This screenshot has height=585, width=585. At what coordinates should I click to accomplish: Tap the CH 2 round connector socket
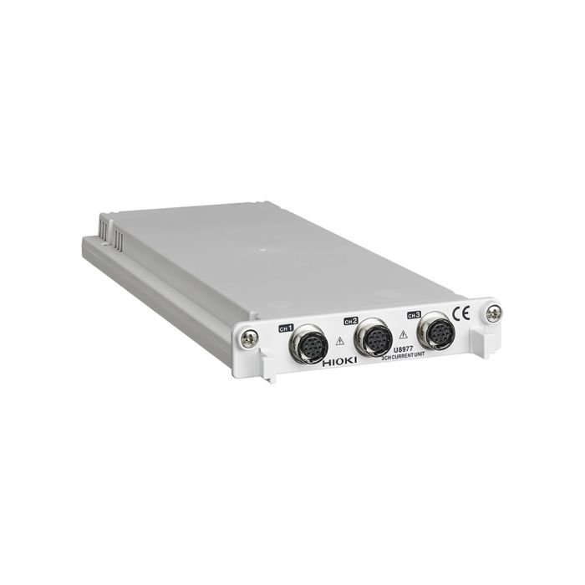[373, 337]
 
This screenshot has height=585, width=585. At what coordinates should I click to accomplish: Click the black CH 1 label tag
[287, 328]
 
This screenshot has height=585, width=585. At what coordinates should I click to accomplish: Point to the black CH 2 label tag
[351, 320]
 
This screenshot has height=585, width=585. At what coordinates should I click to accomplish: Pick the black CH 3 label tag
[413, 314]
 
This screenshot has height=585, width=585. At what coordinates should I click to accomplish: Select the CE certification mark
[460, 316]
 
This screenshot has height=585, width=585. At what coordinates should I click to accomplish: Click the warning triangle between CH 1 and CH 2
[339, 341]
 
